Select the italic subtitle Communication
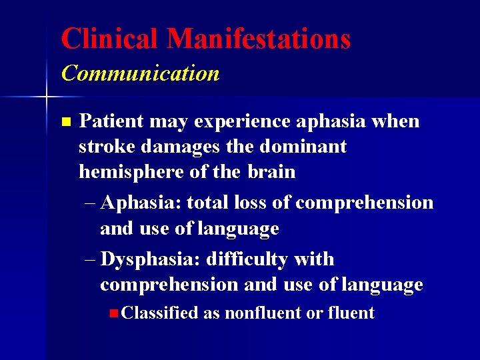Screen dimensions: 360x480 coord(140,73)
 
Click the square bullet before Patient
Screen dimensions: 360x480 coord(65,122)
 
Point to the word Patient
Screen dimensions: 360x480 coord(111,121)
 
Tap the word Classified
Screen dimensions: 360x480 coord(160,313)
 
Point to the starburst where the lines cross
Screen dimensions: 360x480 coord(46,98)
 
